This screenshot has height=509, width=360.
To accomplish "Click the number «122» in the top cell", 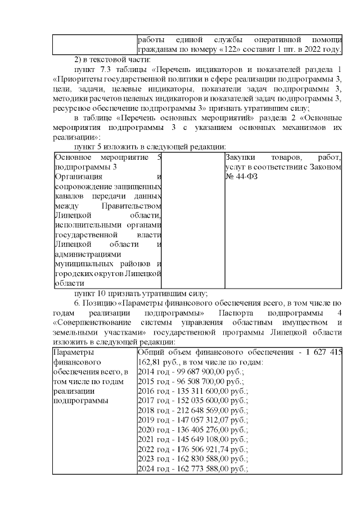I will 230,50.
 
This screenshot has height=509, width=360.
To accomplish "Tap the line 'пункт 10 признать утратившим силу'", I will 141,292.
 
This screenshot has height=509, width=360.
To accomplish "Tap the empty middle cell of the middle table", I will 193,219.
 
